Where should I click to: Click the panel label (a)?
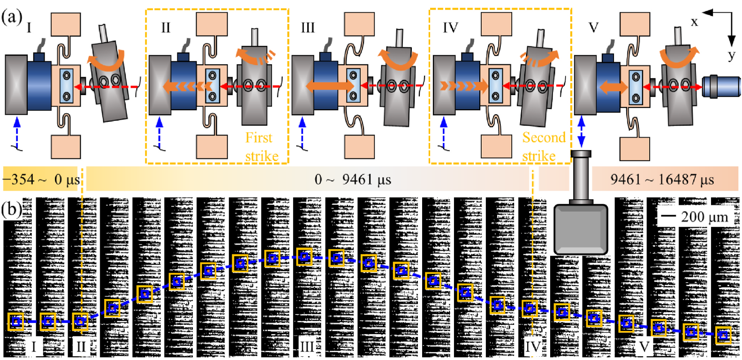tap(12, 18)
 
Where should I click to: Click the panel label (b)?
tap(12, 209)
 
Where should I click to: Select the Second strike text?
tap(543, 147)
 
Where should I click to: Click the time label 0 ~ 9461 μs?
tap(353, 180)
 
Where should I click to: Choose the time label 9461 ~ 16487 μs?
tap(662, 180)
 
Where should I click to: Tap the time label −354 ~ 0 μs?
tap(41, 180)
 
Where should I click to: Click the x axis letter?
tap(694, 22)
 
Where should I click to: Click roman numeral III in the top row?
tap(308, 28)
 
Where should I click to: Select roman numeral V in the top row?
tap(593, 28)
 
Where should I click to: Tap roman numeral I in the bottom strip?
tap(33, 347)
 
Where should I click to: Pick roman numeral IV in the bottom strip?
tap(532, 347)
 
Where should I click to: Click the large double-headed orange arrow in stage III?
tap(330, 86)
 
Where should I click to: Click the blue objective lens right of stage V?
tap(721, 86)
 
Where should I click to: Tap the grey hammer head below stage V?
tap(581, 229)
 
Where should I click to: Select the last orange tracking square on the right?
tap(723, 335)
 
